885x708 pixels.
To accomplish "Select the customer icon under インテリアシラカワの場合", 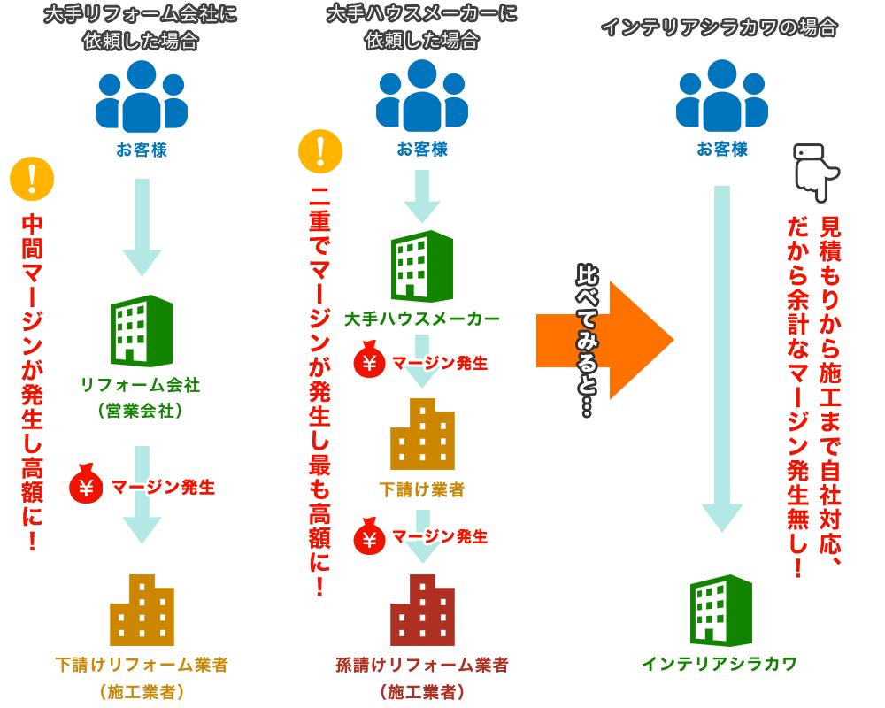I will click(721, 96).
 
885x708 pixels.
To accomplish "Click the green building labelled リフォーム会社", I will click(141, 331).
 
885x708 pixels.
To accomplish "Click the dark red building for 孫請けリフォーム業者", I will click(422, 610).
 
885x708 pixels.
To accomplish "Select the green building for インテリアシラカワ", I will click(721, 610).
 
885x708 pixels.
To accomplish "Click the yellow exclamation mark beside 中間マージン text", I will click(33, 179).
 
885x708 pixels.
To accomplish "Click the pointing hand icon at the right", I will click(813, 168).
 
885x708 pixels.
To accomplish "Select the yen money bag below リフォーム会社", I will click(88, 486).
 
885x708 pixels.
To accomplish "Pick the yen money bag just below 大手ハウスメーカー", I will click(370, 361).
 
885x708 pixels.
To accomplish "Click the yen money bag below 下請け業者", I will click(370, 536).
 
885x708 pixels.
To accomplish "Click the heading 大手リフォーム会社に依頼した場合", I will click(142, 28).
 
